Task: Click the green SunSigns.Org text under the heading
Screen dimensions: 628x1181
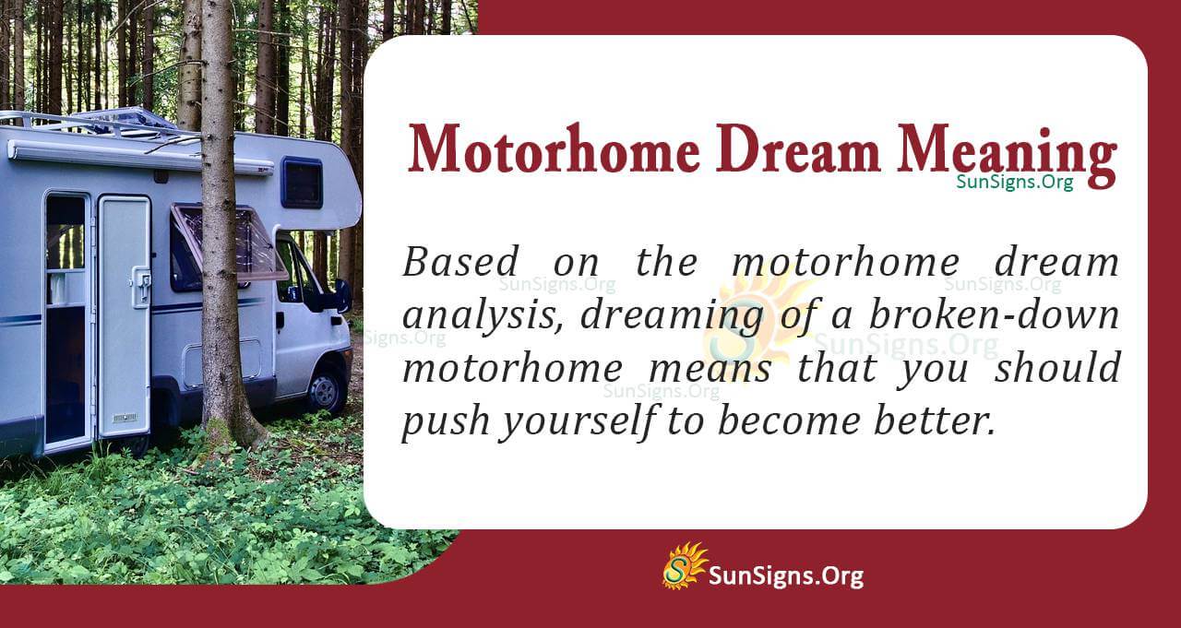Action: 1014,183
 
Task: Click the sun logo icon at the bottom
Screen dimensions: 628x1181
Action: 684,565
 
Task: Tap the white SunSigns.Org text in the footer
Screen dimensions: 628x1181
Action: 785,576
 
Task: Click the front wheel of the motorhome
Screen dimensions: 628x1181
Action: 327,387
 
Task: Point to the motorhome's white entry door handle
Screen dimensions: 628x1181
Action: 141,286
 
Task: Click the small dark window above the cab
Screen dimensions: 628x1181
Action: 302,182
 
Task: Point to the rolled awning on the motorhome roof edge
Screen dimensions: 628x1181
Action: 138,157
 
